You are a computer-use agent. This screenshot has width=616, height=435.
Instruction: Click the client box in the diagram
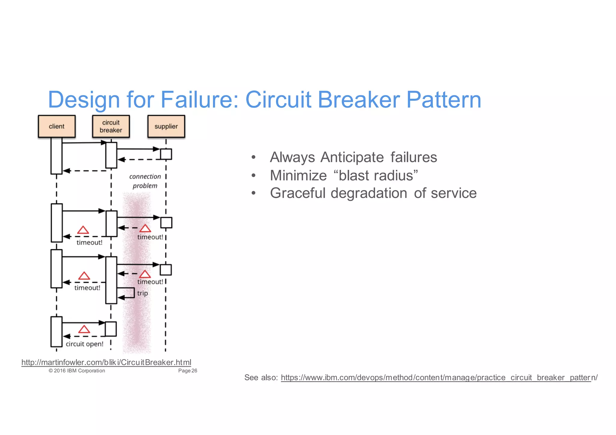[x=57, y=126]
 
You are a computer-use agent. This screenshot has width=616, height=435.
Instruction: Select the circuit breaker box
[x=111, y=126]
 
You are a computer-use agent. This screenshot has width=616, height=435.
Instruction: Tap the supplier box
[x=166, y=126]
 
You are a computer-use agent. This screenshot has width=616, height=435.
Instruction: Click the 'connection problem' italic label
[x=145, y=181]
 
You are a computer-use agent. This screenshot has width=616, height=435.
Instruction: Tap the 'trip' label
[x=143, y=293]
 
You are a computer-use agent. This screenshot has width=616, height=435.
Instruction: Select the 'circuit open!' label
[x=85, y=344]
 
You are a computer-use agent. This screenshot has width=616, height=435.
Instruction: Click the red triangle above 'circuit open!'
[x=84, y=329]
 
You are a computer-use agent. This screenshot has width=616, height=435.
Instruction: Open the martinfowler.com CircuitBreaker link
[x=106, y=362]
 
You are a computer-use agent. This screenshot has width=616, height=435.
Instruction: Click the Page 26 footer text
[x=187, y=371]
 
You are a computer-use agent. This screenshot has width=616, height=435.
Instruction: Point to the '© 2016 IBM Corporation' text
[x=77, y=371]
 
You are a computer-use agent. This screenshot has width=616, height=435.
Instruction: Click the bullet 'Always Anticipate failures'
[x=353, y=157]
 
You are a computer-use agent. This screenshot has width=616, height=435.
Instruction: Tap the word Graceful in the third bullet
[x=297, y=193]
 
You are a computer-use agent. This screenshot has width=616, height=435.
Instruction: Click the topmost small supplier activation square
[x=166, y=154]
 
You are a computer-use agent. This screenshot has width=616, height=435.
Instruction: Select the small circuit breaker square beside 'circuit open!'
[x=110, y=329]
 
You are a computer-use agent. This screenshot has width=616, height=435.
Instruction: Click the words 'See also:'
[x=261, y=378]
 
